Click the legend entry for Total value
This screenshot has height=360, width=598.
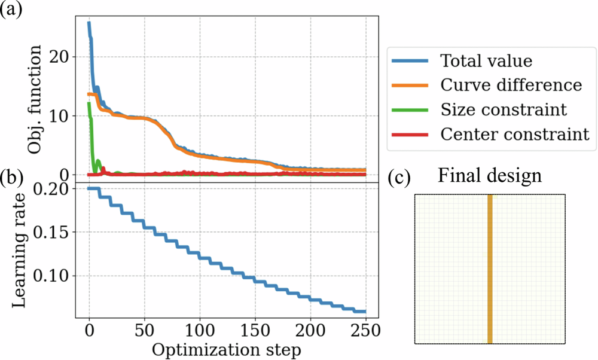(x=486, y=60)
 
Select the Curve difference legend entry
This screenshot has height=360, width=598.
(x=511, y=85)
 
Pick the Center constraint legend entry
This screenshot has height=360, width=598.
(x=515, y=135)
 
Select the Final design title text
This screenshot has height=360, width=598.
(x=489, y=176)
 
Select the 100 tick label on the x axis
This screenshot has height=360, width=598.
(x=199, y=330)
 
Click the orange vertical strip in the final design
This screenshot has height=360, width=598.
(x=490, y=269)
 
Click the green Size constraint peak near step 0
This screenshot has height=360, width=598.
(x=89, y=105)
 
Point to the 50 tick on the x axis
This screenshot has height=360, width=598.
(x=144, y=330)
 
